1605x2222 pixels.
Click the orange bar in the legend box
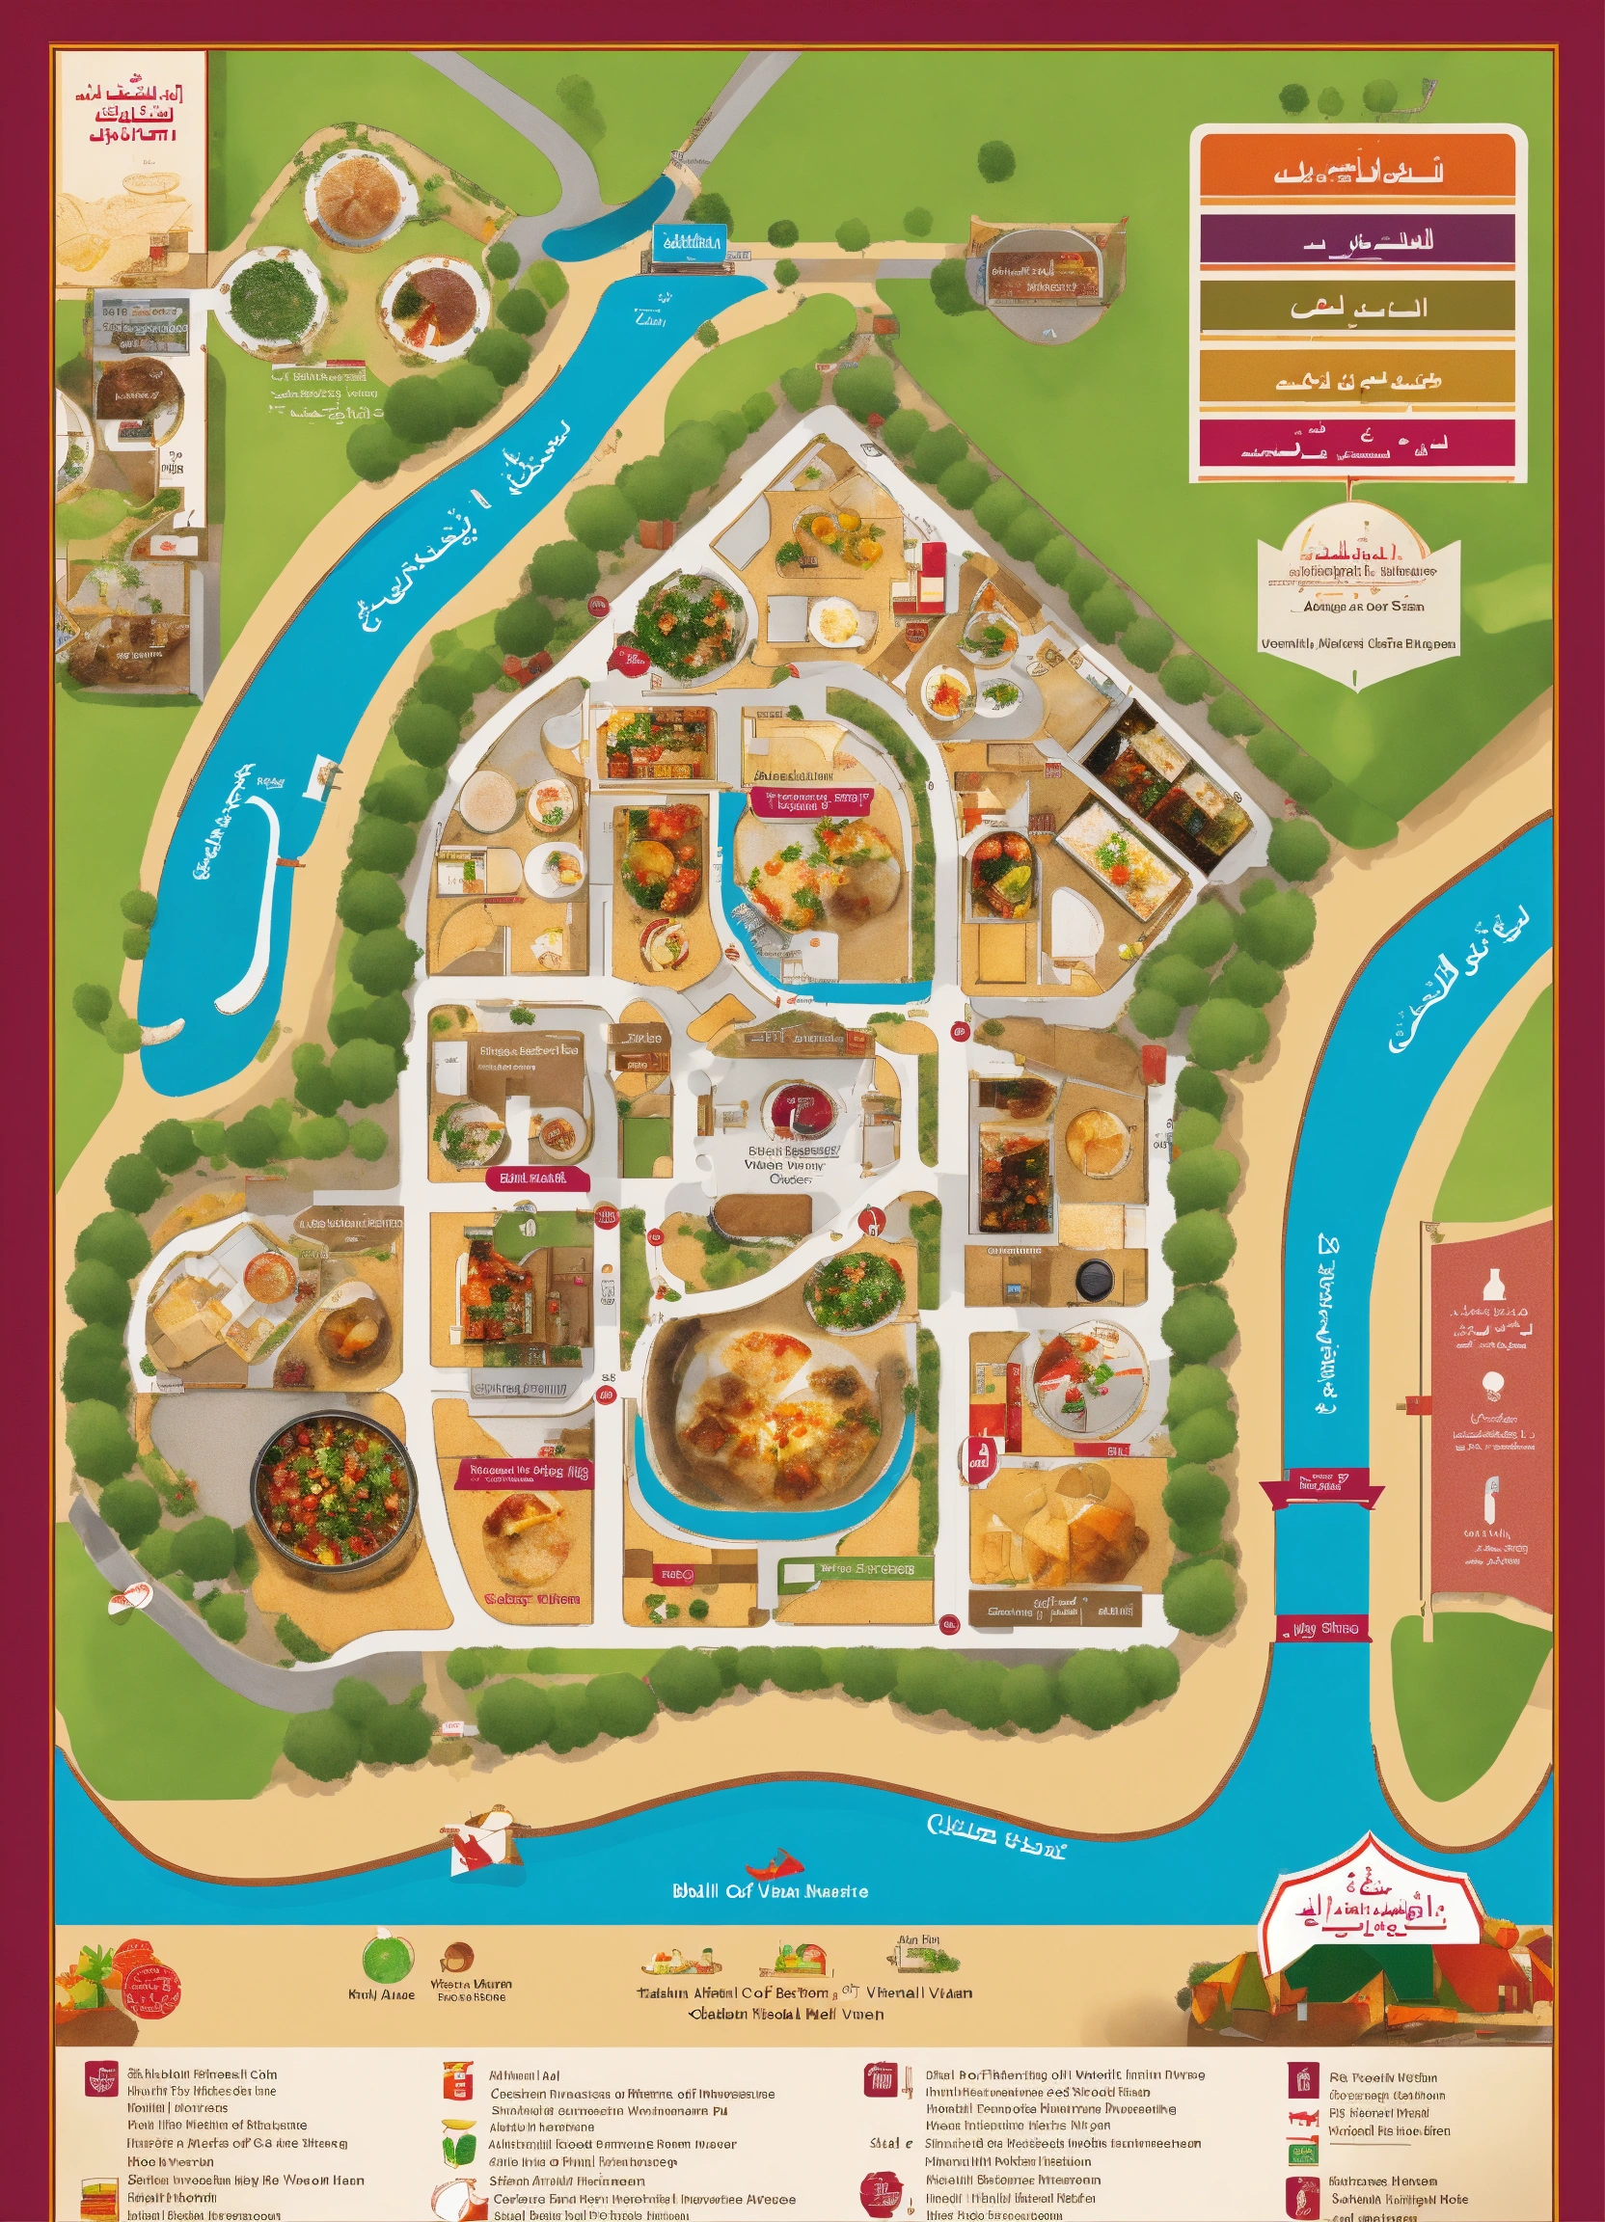1357,172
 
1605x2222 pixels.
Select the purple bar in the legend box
1357,239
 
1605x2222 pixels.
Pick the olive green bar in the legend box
1357,309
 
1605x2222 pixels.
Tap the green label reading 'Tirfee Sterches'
848,1568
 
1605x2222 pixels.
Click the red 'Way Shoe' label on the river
1323,1629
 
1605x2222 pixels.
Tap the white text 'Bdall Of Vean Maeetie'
770,1891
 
